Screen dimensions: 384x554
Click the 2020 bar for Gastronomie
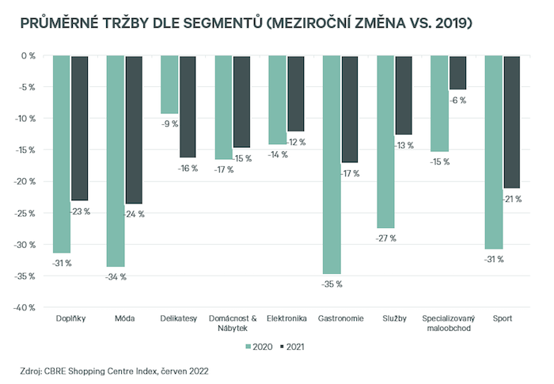click(331, 165)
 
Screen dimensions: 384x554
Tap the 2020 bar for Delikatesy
click(169, 85)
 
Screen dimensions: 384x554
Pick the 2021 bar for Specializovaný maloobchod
click(457, 73)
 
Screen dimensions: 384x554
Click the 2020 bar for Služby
click(385, 142)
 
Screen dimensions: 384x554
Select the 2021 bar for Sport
click(512, 122)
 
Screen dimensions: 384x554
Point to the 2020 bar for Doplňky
click(62, 154)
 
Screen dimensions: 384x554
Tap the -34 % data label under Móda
click(116, 276)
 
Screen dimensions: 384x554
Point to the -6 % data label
click(457, 101)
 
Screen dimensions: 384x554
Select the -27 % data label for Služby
click(385, 238)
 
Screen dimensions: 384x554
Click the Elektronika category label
click(286, 318)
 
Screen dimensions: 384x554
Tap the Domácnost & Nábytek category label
click(233, 323)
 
